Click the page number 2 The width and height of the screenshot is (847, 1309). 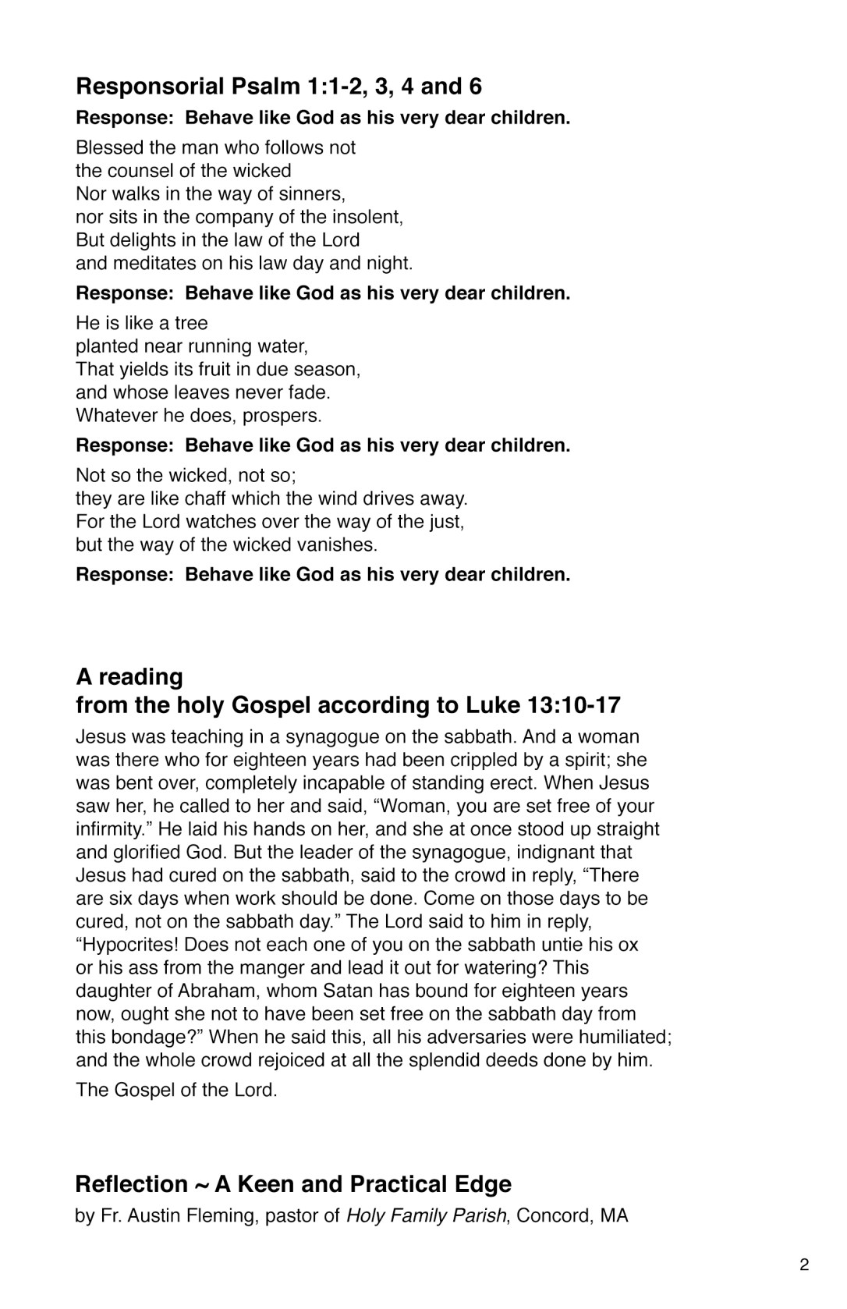[x=804, y=1265]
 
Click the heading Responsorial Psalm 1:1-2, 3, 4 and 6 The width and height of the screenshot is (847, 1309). [x=278, y=86]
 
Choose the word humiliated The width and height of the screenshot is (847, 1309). [x=618, y=1038]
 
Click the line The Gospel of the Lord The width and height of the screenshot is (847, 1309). [x=176, y=1090]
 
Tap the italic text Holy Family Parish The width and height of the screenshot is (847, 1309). [x=426, y=1215]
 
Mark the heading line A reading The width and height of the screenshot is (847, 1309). [x=129, y=676]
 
